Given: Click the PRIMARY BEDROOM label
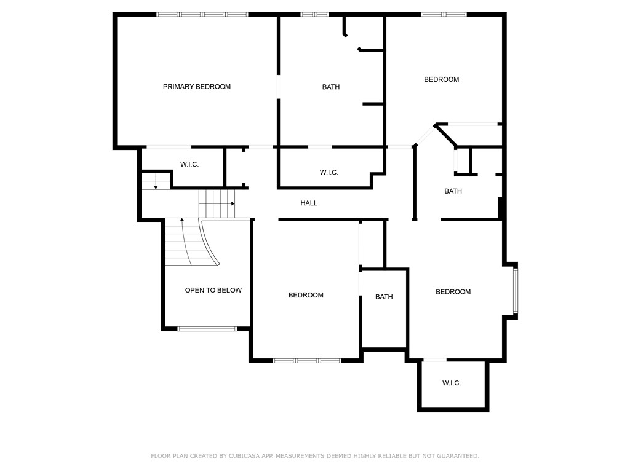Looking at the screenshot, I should tap(196, 87).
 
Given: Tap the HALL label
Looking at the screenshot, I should tap(309, 203).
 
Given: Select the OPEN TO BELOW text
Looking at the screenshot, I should tap(213, 290).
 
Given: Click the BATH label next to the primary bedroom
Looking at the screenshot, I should tap(331, 87).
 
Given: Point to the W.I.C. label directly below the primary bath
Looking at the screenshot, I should tap(329, 172).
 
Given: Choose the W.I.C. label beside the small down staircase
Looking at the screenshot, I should tap(189, 165).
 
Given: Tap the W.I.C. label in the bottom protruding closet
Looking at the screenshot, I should tap(452, 383).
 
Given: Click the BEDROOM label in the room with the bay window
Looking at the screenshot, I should tap(453, 292).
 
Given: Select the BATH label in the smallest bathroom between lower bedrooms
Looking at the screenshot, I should tap(384, 297).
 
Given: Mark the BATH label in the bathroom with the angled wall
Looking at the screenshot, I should tap(453, 191).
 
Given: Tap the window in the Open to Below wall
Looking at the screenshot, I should tap(207, 329).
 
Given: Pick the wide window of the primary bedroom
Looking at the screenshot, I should tap(202, 14).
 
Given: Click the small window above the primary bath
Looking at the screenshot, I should tap(314, 14).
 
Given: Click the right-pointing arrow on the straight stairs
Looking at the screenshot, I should tap(233, 203).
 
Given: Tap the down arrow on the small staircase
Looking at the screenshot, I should tap(156, 186).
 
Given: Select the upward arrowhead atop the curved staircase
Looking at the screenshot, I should tap(182, 219).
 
